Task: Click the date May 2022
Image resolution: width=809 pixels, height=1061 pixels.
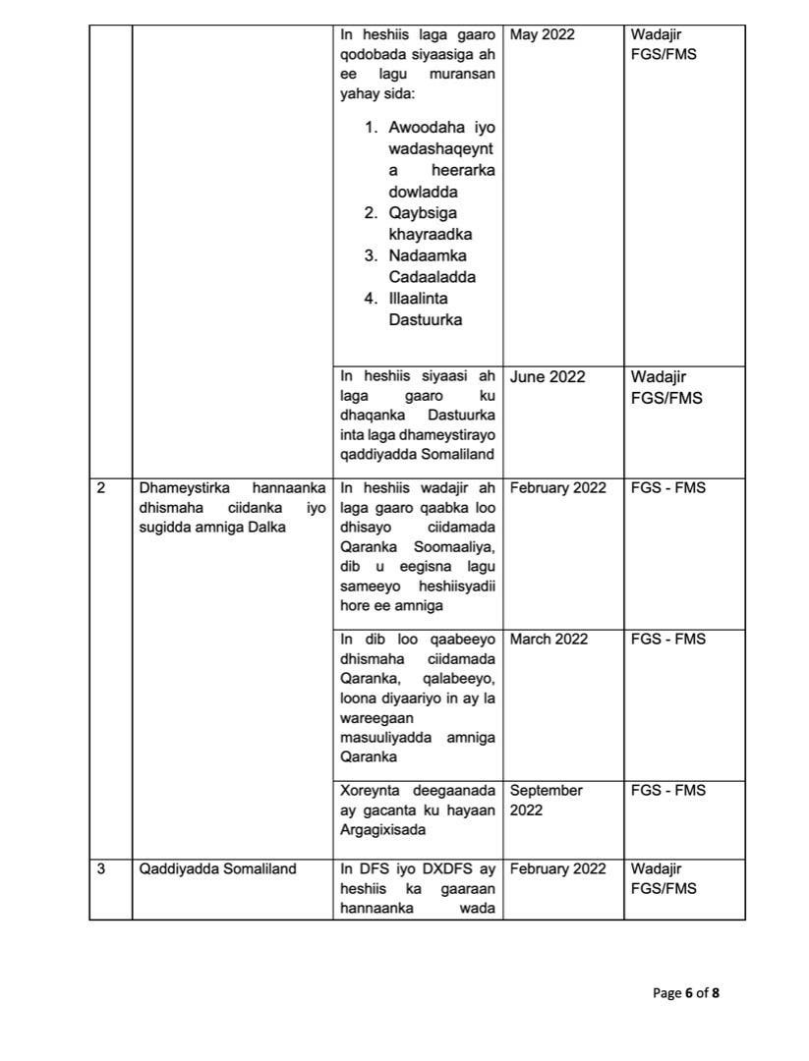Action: (x=543, y=35)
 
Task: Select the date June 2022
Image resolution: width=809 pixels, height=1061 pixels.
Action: (x=548, y=377)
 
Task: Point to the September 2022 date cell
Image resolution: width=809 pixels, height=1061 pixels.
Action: (x=547, y=801)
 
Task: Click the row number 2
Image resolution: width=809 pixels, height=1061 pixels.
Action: (x=101, y=488)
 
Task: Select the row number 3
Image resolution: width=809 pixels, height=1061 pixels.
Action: (x=101, y=869)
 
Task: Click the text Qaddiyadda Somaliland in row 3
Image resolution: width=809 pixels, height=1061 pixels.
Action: (x=204, y=869)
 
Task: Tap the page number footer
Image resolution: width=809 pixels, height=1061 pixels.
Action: (x=686, y=993)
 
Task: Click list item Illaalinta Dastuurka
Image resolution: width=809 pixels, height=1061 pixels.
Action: (x=425, y=309)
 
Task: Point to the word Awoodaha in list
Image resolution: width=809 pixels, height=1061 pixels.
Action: (x=422, y=128)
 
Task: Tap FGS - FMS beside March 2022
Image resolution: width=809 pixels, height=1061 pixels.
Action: (x=668, y=640)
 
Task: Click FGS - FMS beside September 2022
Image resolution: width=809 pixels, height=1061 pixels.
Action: (x=668, y=791)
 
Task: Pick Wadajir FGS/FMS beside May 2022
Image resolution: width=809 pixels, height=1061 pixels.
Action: (x=664, y=45)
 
